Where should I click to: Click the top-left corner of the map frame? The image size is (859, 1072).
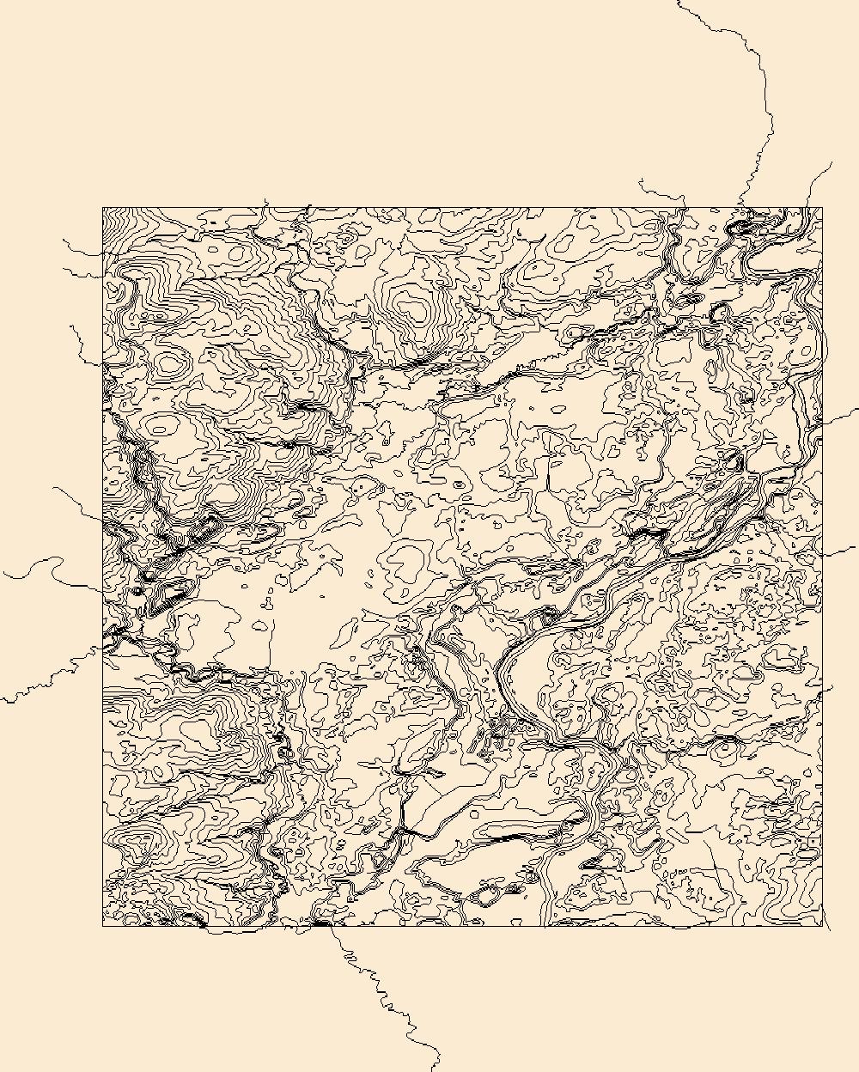[103, 208]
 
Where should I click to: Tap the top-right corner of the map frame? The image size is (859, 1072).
[822, 208]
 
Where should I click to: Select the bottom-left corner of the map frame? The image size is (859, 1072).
[103, 926]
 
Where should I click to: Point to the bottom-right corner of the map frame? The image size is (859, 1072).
[822, 926]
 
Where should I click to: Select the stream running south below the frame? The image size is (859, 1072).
[378, 988]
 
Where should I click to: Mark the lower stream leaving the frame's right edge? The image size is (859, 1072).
[840, 551]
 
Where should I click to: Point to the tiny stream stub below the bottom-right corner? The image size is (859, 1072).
[827, 923]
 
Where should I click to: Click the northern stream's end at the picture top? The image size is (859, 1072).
[679, 3]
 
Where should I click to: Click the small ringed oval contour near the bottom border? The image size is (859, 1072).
[486, 897]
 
